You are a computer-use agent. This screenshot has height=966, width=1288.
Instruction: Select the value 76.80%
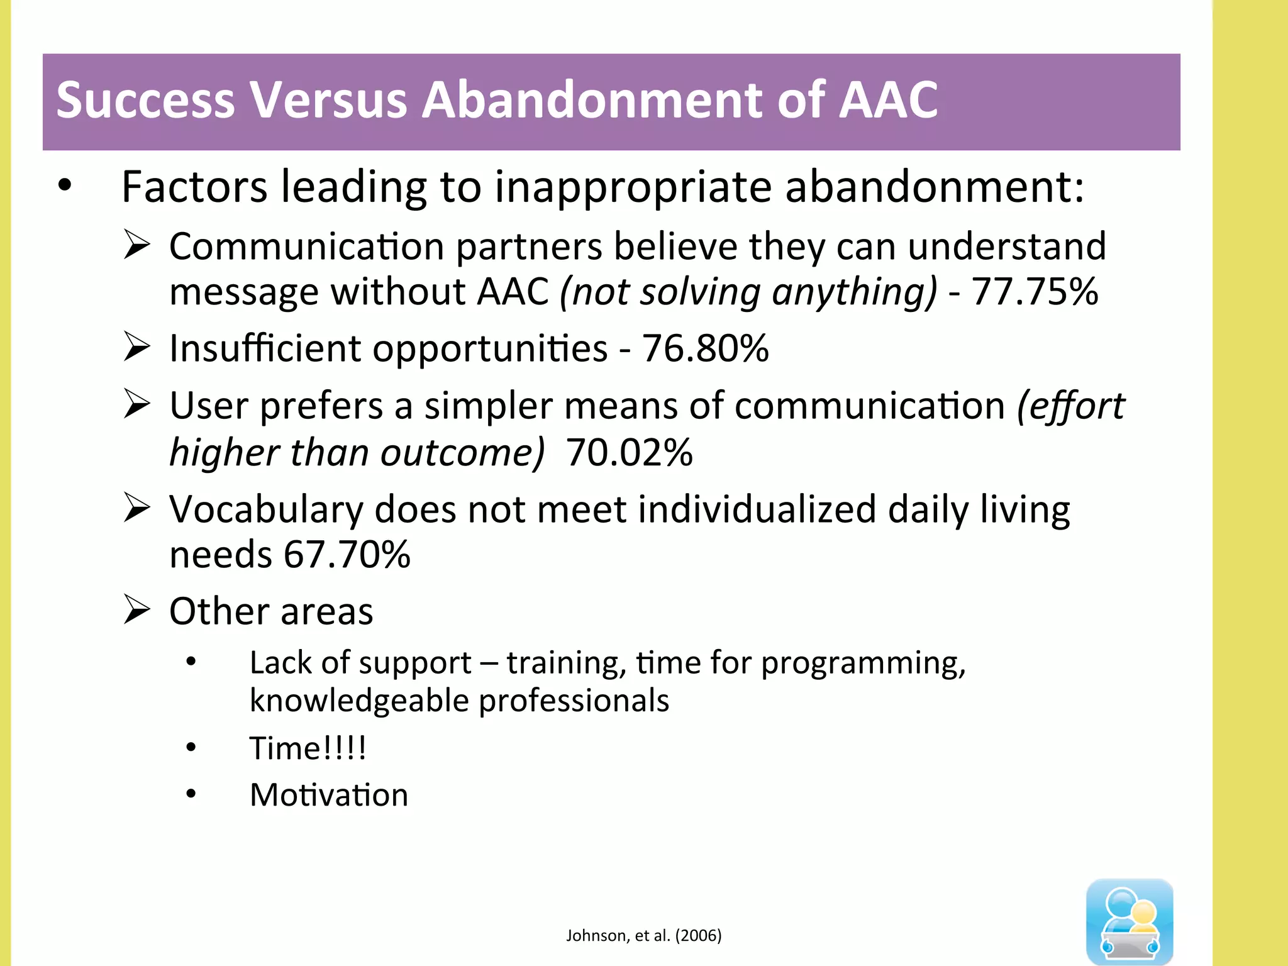click(x=704, y=348)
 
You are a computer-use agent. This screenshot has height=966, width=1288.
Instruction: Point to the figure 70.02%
click(x=629, y=453)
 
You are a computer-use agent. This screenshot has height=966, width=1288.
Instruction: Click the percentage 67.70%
click(x=347, y=555)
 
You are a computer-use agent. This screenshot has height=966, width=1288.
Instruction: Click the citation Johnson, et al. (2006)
click(x=643, y=936)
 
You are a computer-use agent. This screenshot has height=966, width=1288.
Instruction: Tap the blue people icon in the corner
click(x=1130, y=921)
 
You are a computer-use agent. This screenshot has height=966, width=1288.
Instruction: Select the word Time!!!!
click(x=308, y=748)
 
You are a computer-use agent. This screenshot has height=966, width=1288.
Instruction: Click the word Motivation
click(x=329, y=795)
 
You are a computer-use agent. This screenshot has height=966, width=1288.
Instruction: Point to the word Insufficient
click(x=265, y=348)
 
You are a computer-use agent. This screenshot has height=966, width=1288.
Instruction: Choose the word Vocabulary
click(x=266, y=509)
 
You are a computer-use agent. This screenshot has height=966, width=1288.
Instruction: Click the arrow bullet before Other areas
click(x=136, y=610)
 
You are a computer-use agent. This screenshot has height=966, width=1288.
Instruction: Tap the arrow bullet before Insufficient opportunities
click(x=136, y=347)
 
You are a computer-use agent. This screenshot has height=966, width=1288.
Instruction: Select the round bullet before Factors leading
click(x=65, y=186)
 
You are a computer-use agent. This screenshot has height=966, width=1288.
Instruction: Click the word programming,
click(x=863, y=663)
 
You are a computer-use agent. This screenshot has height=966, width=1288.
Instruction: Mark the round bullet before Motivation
click(x=191, y=794)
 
